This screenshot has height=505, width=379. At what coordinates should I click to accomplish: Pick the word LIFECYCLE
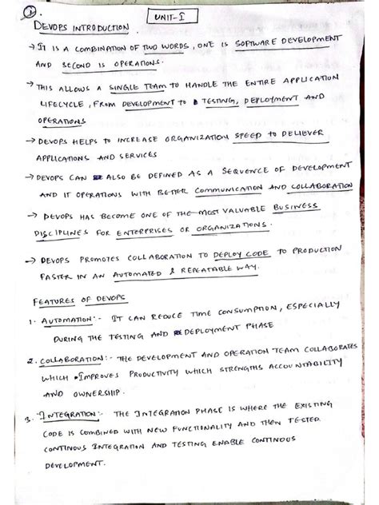pyautogui.click(x=60, y=105)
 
